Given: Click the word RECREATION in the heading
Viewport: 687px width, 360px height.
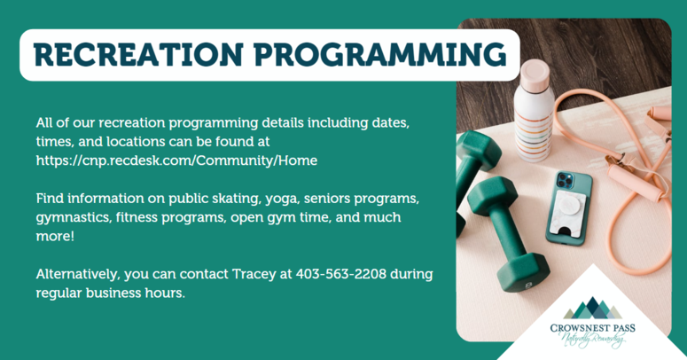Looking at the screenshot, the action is coord(137,55).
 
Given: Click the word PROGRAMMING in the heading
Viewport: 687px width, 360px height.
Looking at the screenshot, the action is coord(380,55).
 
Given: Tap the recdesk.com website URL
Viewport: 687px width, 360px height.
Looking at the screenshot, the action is coord(176,160).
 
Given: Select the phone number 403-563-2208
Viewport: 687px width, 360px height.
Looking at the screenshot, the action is coord(341,274).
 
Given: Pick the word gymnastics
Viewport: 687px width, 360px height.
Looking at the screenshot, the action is coord(74,218).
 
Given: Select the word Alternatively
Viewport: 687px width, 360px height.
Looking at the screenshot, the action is coord(77,275).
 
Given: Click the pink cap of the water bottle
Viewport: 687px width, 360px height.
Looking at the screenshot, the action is coord(535,74).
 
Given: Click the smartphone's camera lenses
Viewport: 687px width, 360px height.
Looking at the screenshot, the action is coord(565,181).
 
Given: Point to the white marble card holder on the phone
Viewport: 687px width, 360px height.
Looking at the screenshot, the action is coord(568,211).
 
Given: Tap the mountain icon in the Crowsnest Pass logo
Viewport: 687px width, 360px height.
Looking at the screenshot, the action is coord(592,308).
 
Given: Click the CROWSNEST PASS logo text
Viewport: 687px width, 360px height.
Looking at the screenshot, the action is coord(592,328).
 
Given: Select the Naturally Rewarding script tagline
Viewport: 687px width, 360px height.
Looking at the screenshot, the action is coord(592,340).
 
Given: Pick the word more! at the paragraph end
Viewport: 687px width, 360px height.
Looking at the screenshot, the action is coord(55,237).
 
